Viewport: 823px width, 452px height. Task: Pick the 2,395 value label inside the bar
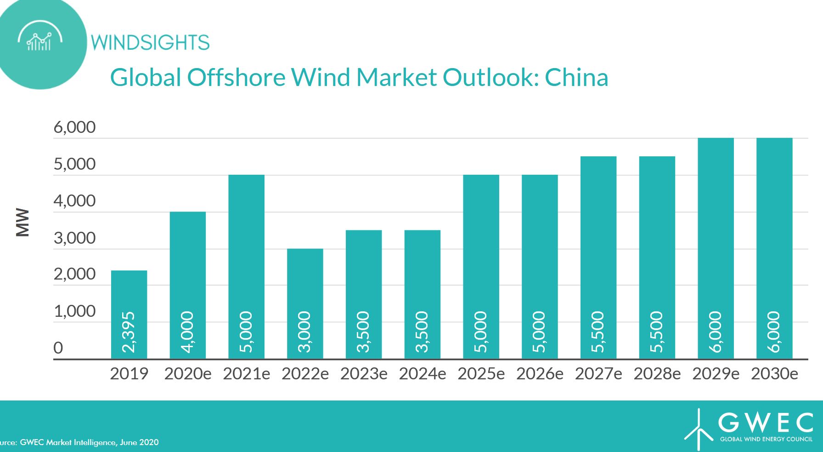129,332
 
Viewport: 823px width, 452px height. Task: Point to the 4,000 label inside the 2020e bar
188,332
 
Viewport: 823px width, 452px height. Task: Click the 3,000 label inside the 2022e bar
305,332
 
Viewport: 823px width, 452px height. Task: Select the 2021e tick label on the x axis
247,374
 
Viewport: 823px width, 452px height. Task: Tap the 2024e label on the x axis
423,374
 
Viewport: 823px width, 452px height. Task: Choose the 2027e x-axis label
598,374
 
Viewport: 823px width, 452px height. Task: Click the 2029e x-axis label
716,374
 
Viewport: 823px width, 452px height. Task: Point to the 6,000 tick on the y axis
74,127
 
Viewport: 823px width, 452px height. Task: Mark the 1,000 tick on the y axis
74,311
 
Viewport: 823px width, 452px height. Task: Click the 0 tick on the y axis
58,348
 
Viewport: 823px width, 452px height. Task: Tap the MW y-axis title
23,223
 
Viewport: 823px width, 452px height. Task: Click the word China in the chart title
576,77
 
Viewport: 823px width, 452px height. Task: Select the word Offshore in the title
236,77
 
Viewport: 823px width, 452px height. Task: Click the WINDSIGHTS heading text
150,43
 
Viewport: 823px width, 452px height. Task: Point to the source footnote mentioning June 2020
79,442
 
